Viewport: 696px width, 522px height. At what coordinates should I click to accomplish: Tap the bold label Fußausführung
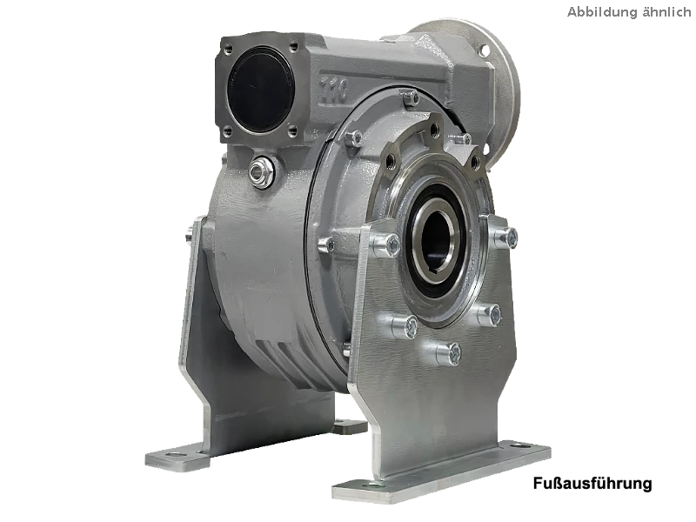point(592,483)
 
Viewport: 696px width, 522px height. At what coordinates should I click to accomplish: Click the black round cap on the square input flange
point(260,89)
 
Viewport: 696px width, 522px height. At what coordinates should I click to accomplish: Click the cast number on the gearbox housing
point(334,86)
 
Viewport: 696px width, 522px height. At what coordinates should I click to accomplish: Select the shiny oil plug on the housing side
point(258,171)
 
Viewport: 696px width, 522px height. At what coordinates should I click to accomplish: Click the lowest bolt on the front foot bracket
point(449,353)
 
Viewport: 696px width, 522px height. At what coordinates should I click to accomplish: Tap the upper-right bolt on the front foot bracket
point(505,238)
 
